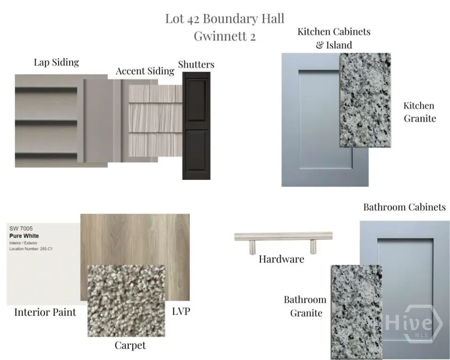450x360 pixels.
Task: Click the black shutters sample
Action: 196,126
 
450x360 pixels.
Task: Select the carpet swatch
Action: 126,300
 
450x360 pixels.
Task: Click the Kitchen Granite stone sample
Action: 365,100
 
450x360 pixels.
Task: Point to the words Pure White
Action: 24,236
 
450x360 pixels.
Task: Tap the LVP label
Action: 181,311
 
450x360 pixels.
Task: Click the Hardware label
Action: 282,259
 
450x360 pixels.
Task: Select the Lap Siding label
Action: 57,62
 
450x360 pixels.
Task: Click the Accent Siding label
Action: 145,71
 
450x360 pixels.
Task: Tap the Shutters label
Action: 196,64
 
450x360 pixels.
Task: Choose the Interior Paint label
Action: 45,312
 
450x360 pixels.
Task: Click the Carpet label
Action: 130,345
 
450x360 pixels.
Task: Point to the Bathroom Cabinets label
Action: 405,207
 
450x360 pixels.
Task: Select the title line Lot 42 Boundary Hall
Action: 225,19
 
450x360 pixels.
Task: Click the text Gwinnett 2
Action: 225,36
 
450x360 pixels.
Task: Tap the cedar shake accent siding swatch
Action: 155,120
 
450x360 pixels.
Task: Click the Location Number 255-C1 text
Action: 31,249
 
